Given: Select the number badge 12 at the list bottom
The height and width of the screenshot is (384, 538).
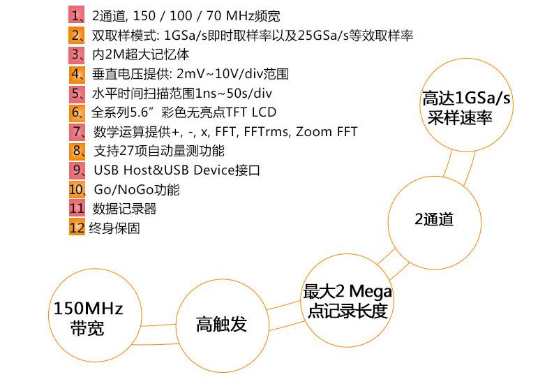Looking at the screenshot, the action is click(77, 228).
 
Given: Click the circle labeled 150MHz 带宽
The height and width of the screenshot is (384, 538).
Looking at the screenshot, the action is click(88, 318).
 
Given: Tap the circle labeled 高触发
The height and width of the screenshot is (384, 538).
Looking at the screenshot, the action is click(221, 324).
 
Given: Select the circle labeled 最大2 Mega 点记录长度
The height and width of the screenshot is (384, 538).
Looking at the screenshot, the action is click(347, 301).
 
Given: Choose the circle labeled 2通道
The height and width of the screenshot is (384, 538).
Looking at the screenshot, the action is click(434, 219).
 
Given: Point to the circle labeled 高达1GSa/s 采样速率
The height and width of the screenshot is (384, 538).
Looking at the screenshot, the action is click(466, 108).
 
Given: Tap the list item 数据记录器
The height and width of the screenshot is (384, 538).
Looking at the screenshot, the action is click(125, 209).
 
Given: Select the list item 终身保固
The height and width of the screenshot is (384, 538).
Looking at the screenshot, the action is click(114, 228).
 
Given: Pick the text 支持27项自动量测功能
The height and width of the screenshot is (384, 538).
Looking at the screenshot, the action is click(159, 151).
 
